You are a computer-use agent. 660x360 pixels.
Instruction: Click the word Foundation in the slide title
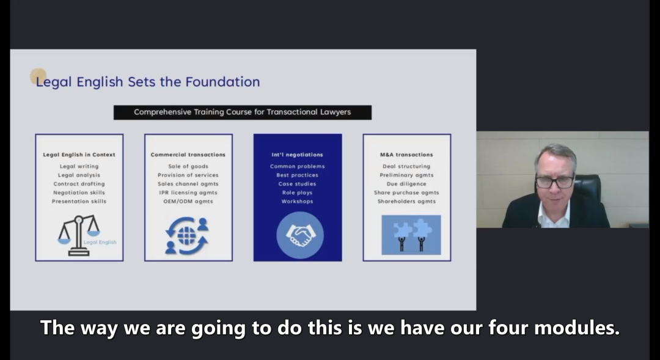tap(222, 82)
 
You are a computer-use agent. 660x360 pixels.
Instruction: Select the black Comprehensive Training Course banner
tap(243, 112)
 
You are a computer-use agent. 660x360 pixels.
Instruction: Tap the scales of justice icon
tap(79, 235)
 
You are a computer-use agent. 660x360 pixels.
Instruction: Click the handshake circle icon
tap(299, 235)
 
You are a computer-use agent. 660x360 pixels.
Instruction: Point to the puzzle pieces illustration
tap(411, 235)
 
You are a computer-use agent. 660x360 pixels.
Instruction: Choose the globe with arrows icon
tap(187, 236)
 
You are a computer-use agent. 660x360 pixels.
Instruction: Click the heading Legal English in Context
tap(79, 155)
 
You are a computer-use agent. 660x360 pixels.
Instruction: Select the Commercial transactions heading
tap(188, 155)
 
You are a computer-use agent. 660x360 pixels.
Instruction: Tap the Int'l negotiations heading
tap(297, 155)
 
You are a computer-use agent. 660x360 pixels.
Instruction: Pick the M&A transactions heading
tap(406, 155)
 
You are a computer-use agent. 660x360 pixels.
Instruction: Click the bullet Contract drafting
tap(79, 184)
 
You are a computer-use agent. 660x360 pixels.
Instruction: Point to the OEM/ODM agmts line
tap(188, 201)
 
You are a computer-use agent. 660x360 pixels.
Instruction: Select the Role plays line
tap(297, 193)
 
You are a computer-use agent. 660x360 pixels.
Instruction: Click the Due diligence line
tap(406, 184)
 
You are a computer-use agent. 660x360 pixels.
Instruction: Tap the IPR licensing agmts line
tap(188, 193)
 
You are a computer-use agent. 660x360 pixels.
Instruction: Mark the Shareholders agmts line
tap(406, 201)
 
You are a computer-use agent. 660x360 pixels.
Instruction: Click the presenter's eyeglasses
tap(555, 182)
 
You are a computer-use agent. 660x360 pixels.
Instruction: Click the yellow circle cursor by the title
tap(38, 76)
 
